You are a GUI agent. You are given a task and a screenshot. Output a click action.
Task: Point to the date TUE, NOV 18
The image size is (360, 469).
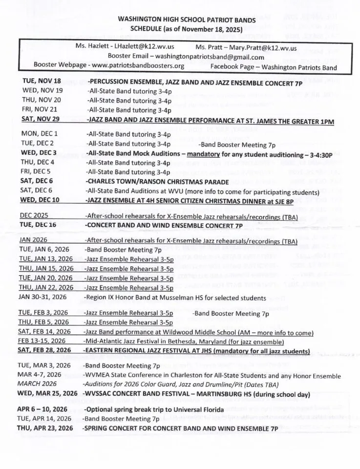(x=42, y=81)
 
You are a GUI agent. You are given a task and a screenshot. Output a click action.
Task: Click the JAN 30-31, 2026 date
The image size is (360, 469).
(x=42, y=297)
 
